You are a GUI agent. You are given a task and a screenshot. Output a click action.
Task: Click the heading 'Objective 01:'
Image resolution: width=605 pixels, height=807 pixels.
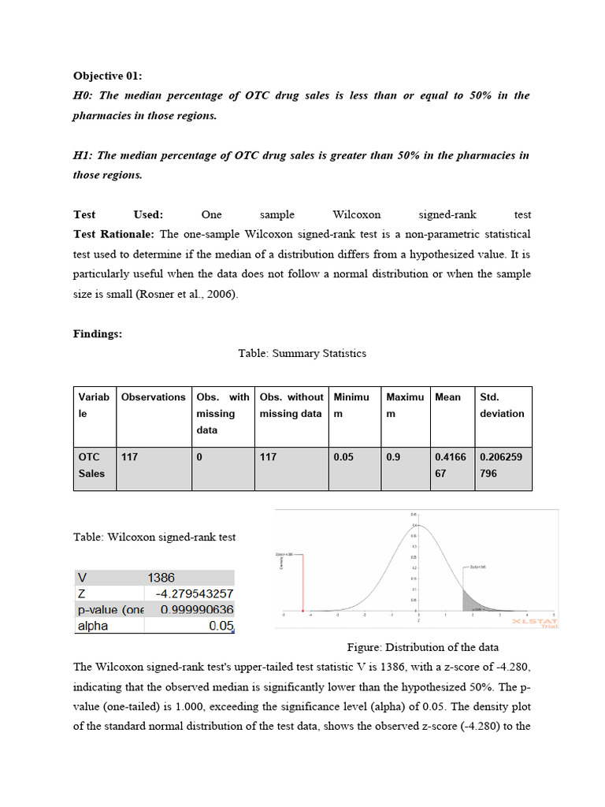pos(108,76)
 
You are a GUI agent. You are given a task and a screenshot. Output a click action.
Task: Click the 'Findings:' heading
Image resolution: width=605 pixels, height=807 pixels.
pos(98,333)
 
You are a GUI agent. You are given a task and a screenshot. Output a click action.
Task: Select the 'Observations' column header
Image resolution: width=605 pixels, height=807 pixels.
pos(154,397)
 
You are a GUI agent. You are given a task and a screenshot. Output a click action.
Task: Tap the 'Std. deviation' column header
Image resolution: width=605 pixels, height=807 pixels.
pos(502,405)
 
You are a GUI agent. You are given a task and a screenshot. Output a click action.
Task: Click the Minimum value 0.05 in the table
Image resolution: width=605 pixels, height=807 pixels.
pos(343,456)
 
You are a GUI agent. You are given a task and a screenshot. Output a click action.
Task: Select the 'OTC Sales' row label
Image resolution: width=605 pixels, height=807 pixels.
pos(91,465)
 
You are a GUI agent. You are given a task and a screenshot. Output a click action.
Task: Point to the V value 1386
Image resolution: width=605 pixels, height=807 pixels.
pos(161,578)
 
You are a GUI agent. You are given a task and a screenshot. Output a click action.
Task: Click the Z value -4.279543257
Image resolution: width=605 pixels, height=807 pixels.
pos(194,593)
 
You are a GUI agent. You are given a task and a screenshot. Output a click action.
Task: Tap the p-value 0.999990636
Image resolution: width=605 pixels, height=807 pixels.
pos(196,610)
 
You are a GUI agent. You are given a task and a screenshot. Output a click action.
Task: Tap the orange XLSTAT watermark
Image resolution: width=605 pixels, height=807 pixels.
pos(535,622)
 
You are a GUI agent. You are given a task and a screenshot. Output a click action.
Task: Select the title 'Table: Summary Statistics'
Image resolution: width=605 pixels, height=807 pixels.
pos(302,353)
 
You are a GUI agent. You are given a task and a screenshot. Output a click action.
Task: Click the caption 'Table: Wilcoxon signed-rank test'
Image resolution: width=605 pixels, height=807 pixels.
pos(154,537)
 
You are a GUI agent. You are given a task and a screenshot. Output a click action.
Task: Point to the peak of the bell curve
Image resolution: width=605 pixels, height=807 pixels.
pos(418,526)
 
